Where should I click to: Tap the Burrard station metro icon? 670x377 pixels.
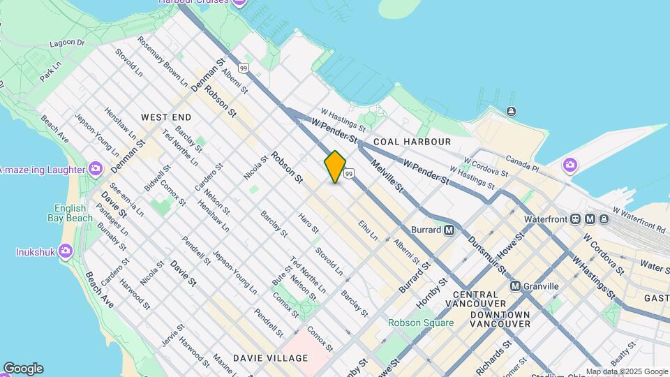[x=449, y=230]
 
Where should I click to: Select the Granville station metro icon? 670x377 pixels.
[x=516, y=286]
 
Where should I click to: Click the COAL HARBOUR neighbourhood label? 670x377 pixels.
[x=412, y=142]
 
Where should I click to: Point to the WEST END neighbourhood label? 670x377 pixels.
[x=166, y=117]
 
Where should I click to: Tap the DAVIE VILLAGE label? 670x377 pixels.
[x=270, y=358]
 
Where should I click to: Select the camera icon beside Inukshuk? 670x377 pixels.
[x=66, y=250]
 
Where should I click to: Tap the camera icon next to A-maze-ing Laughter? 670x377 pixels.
[x=96, y=169]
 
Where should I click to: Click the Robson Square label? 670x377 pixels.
[x=421, y=323]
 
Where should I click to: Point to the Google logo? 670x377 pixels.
[x=22, y=369]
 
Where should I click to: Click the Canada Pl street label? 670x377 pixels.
[x=523, y=162]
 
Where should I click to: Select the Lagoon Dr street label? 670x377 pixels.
[x=67, y=43]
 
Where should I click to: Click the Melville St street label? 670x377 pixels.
[x=388, y=175]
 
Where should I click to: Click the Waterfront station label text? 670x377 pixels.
[x=548, y=219]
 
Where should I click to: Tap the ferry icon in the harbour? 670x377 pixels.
[x=512, y=111]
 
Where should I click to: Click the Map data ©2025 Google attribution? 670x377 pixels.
[x=626, y=371]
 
